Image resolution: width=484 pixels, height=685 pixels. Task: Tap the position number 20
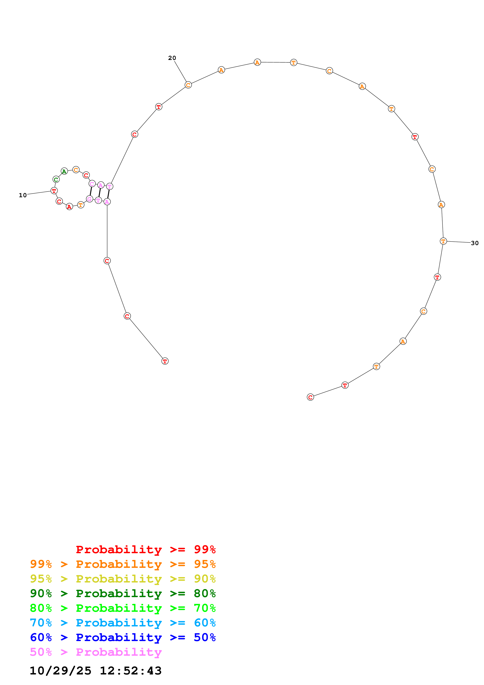click(x=172, y=58)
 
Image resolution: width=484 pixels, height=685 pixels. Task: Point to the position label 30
click(x=474, y=243)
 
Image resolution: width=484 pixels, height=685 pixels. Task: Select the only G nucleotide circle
click(x=89, y=199)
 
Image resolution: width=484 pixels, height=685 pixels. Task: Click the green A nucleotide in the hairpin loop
click(x=64, y=171)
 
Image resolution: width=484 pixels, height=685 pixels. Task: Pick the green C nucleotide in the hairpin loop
click(x=56, y=179)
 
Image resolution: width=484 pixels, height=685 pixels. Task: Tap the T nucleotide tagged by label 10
click(x=54, y=191)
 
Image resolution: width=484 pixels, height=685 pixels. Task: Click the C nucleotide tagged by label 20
click(x=188, y=85)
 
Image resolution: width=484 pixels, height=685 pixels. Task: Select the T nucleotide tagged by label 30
click(x=443, y=241)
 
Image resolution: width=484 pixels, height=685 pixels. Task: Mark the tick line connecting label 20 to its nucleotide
click(x=180, y=72)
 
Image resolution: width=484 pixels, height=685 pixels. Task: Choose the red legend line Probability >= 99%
click(x=146, y=549)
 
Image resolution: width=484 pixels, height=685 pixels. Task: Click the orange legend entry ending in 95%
click(x=123, y=564)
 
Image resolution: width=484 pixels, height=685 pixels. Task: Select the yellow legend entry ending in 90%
click(x=123, y=579)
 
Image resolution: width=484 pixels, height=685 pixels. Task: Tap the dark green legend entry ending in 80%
click(x=123, y=593)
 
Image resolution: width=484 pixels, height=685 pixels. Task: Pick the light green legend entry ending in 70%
click(x=123, y=608)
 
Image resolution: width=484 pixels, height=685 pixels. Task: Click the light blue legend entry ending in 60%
click(x=123, y=623)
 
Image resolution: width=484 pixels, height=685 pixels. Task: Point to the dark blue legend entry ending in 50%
click(x=123, y=637)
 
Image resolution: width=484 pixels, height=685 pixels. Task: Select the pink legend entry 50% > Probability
click(x=96, y=652)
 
